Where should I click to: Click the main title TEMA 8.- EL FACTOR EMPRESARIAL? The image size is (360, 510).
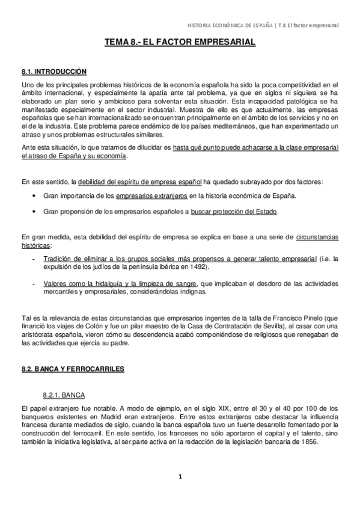180,43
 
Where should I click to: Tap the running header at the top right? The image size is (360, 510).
263,25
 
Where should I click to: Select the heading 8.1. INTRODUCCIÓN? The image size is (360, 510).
54,72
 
